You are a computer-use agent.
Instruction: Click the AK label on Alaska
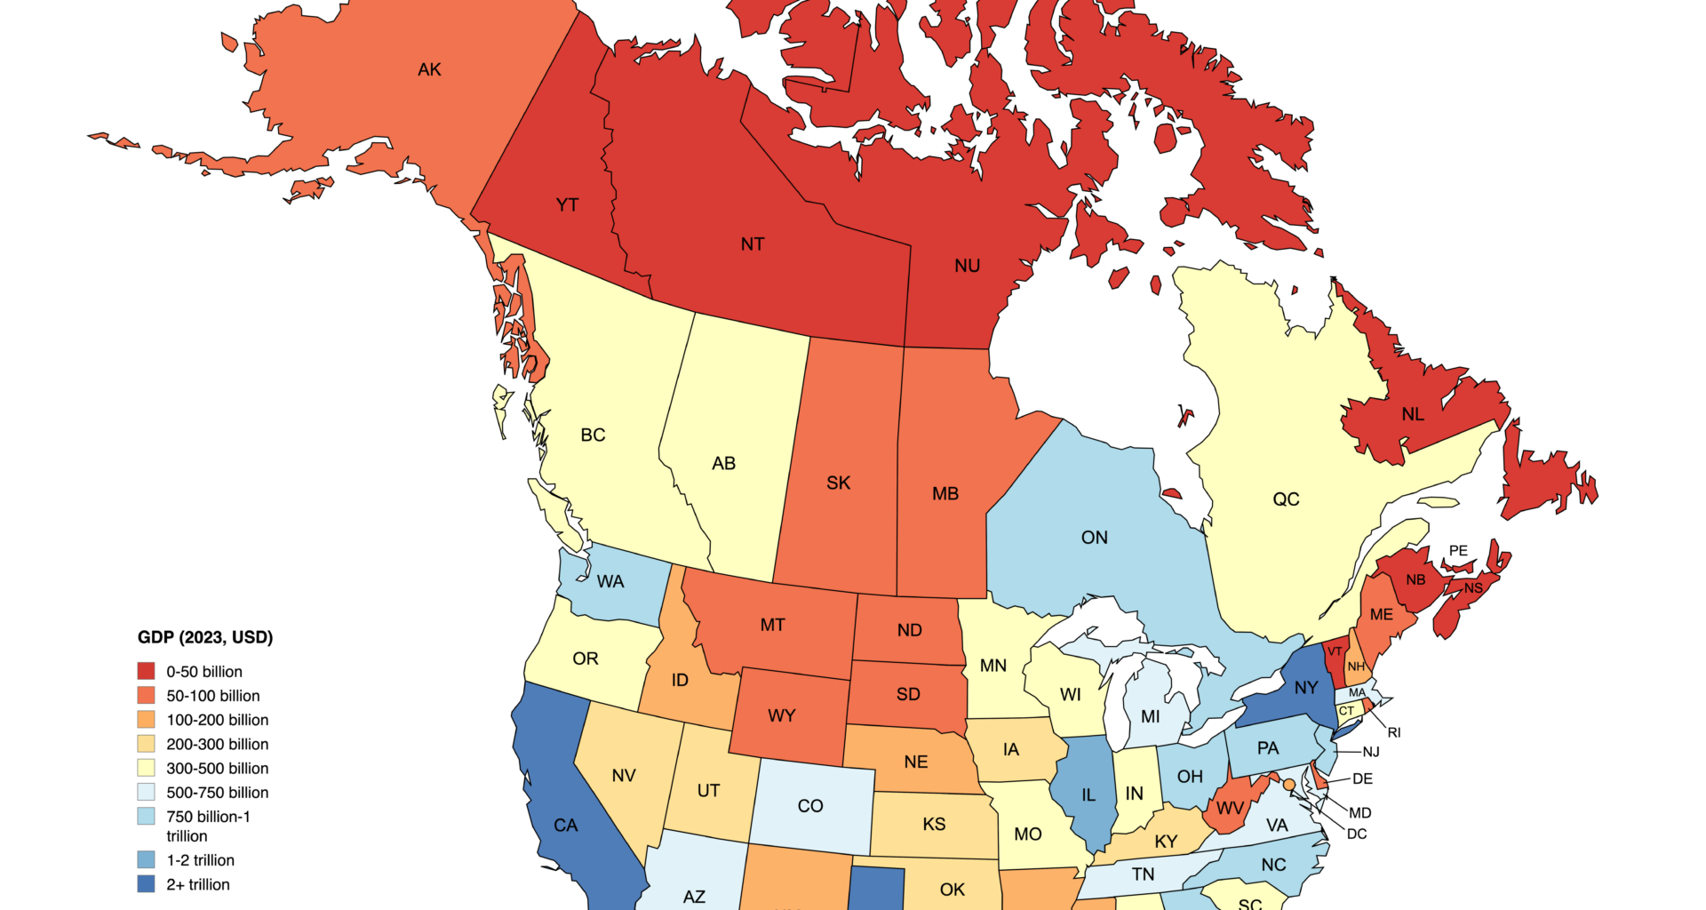coord(429,69)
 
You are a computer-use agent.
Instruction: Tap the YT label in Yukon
coord(567,205)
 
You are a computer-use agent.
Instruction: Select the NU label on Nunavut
coord(967,266)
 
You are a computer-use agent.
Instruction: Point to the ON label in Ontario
coord(1094,538)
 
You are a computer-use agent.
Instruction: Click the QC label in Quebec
coord(1286,499)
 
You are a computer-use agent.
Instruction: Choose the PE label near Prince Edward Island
coord(1458,551)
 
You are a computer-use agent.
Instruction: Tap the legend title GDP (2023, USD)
coord(205,637)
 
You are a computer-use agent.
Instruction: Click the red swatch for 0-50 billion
coord(147,672)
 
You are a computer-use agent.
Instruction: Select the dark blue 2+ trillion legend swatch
coord(147,884)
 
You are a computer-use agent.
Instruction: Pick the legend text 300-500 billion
coord(217,768)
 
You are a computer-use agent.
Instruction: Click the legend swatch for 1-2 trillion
coord(147,860)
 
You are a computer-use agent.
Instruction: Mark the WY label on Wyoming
coord(781,715)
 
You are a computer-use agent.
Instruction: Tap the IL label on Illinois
coord(1088,795)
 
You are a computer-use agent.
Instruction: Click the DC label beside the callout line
coord(1357,834)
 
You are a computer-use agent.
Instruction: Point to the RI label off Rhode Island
coord(1393,732)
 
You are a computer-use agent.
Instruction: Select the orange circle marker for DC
coord(1289,785)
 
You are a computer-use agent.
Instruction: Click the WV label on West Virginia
coord(1230,809)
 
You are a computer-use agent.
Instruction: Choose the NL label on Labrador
coord(1413,414)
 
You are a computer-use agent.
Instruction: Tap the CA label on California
coord(566,826)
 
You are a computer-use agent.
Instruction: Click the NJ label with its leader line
coord(1371,752)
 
